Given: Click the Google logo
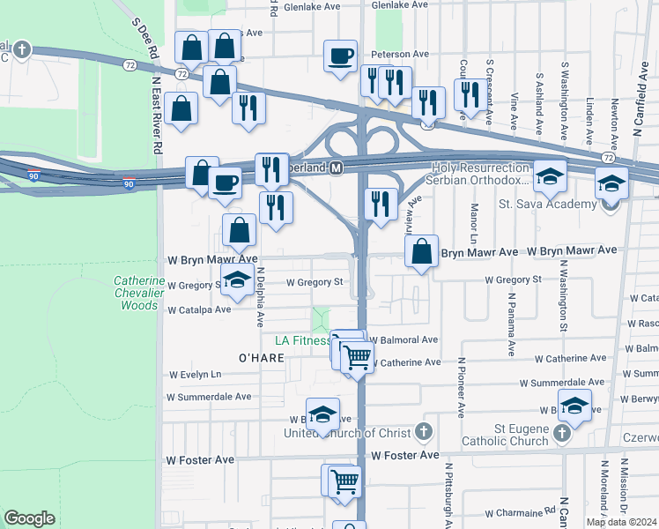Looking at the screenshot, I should coord(29,518).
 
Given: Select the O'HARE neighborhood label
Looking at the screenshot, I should coord(261,358).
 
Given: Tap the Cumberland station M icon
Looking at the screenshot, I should coord(337,168).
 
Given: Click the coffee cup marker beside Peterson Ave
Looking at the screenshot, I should coord(340,57).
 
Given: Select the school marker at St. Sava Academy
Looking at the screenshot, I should coord(611,183).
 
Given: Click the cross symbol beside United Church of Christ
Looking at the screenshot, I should coord(423,432).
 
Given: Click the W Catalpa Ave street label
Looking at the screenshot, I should coord(198,309).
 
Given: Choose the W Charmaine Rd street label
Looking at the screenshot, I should coord(520,510).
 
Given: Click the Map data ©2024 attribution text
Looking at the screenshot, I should coord(620,522).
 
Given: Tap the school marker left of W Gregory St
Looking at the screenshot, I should coord(236,280).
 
